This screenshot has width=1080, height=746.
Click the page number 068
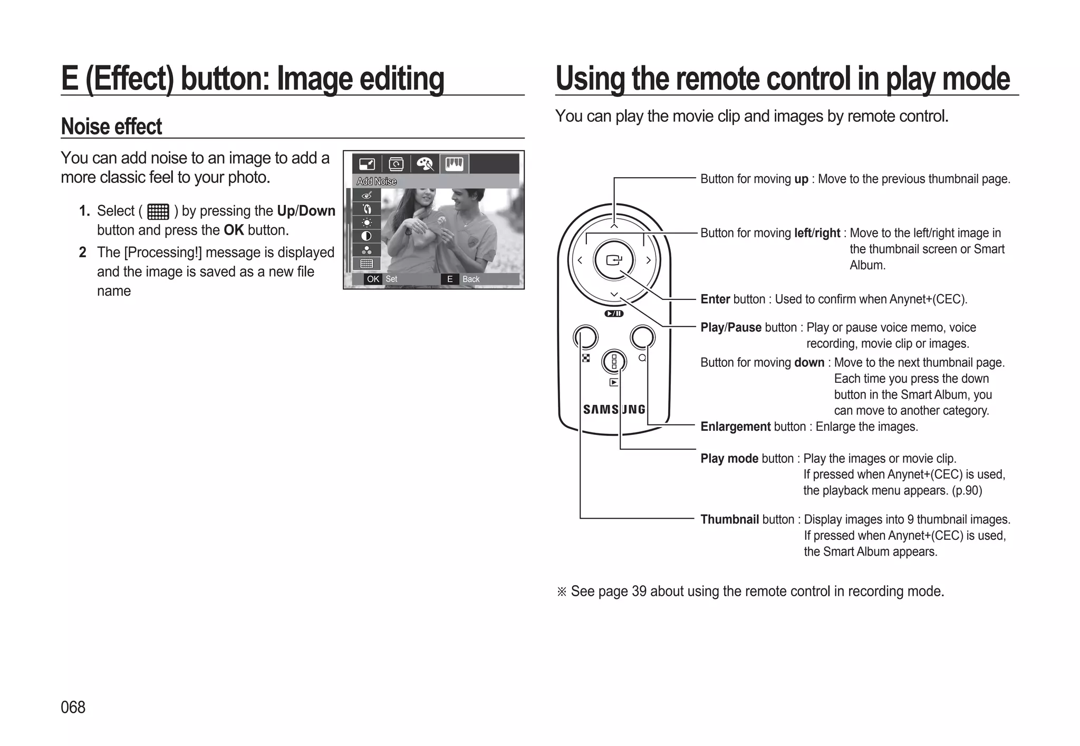point(73,707)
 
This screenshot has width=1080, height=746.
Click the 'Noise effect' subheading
point(111,127)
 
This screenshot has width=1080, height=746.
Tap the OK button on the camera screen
point(373,279)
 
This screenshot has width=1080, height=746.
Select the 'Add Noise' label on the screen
point(377,181)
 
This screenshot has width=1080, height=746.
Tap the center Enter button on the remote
point(614,260)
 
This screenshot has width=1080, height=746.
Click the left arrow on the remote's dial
point(580,260)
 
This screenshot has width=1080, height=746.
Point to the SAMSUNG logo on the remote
point(614,410)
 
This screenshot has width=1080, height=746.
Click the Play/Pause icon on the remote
point(614,314)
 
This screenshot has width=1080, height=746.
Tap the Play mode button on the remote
point(614,362)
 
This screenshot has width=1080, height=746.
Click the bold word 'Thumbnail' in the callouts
point(729,519)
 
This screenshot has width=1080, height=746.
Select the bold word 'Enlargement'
point(735,427)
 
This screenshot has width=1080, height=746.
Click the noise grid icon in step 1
point(158,211)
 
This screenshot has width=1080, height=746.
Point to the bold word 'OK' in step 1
point(234,230)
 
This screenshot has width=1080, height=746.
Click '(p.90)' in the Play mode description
point(967,490)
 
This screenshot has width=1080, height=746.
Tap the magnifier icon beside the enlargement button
point(642,357)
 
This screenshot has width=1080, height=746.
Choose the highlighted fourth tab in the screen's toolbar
point(454,164)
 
